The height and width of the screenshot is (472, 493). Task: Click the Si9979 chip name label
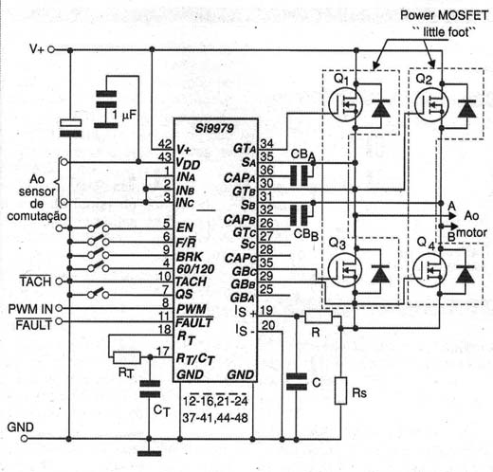point(214,128)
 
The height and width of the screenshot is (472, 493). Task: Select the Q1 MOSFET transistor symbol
point(345,104)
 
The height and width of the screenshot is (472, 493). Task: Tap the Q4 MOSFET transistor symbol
point(429,270)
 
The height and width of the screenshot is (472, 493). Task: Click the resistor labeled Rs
point(340,390)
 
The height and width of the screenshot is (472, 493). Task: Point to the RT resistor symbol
point(127,357)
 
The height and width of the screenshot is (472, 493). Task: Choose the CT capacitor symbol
point(150,389)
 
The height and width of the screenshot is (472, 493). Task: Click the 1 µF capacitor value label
point(124,115)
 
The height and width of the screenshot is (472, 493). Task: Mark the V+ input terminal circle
point(50,49)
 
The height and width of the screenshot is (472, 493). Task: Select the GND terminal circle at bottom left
point(24,439)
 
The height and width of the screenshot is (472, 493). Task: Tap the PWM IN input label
point(30,309)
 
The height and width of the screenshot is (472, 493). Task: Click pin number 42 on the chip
point(165,144)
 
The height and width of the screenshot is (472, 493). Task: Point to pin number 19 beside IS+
point(266,310)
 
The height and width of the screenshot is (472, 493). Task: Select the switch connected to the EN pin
point(99,227)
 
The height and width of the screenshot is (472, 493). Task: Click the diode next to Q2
point(466,108)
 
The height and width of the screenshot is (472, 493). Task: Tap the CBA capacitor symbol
point(299,175)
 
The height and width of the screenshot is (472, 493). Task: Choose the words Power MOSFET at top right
point(445,15)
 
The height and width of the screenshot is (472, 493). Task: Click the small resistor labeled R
point(319,317)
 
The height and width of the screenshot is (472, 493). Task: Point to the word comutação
point(37,216)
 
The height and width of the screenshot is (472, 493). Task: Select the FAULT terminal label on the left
point(34,325)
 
